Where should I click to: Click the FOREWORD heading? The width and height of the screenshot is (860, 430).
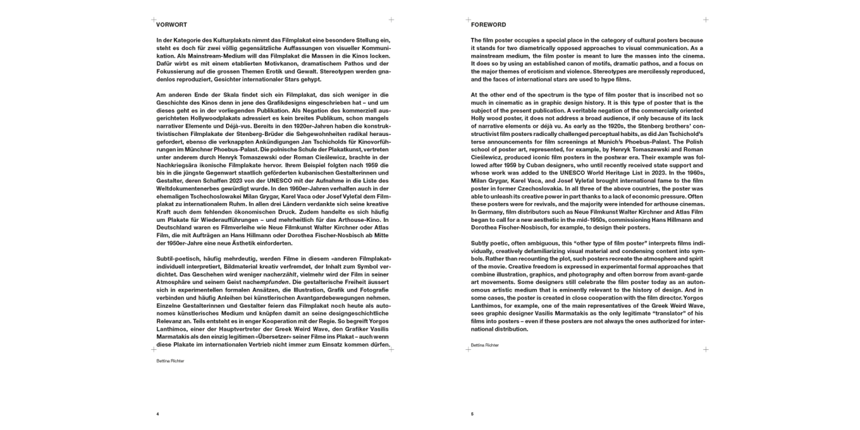tap(488, 25)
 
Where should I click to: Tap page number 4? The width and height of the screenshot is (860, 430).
tap(158, 413)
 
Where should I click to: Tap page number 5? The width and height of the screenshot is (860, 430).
tap(472, 413)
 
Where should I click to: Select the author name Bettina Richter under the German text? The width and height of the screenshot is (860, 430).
tap(171, 362)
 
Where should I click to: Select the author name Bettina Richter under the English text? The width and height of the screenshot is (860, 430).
tap(485, 345)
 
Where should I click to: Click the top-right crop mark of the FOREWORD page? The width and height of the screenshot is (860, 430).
tap(706, 20)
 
